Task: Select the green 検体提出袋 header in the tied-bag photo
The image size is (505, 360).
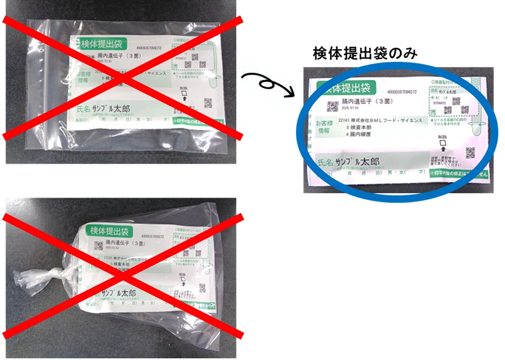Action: click(109, 231)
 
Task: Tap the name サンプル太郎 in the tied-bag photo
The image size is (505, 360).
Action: click(127, 292)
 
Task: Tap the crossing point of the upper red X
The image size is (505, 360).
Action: click(122, 76)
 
